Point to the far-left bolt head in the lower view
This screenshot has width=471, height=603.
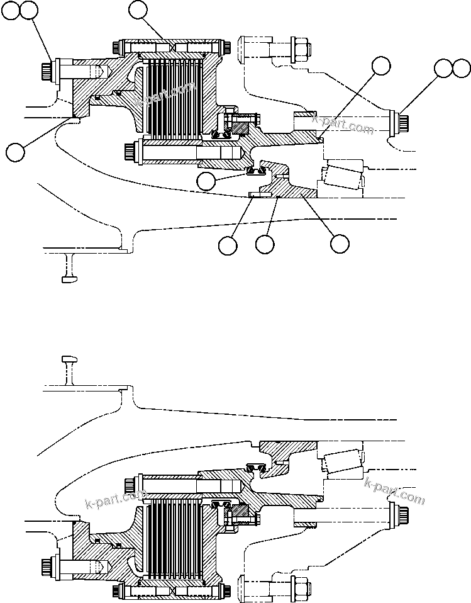[x=46, y=568]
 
